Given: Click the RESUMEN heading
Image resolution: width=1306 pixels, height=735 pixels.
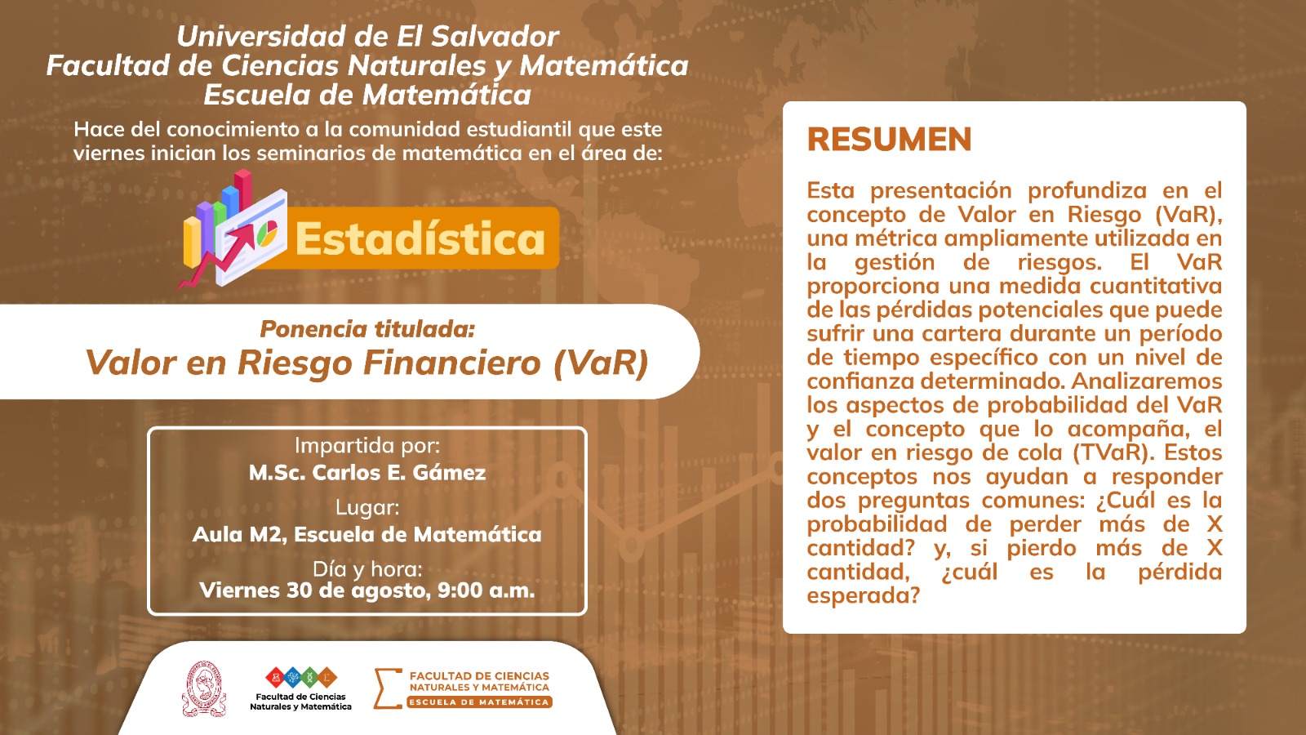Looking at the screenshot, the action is [x=889, y=140].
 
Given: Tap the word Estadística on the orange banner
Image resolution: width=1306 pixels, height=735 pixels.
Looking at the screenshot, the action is [x=420, y=238].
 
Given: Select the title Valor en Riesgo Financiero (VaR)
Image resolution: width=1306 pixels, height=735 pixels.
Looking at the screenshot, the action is [x=366, y=363].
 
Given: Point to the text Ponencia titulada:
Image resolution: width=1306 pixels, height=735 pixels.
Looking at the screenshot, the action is [x=367, y=329].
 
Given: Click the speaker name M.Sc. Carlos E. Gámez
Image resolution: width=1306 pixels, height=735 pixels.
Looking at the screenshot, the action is [x=367, y=472].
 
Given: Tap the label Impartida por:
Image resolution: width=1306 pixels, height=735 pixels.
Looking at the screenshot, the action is [x=367, y=446].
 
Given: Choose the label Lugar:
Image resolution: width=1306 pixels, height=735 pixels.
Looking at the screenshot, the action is [x=367, y=507].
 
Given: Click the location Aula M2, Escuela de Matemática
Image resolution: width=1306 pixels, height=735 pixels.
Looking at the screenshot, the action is [x=367, y=534].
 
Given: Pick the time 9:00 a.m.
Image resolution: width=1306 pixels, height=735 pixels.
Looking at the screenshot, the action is [x=486, y=590].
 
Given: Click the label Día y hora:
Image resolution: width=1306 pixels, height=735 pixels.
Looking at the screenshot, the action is [x=367, y=568].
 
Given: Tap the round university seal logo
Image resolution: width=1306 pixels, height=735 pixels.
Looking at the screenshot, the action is [x=204, y=689].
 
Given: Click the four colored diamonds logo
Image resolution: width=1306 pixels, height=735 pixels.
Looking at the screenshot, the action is [x=301, y=677].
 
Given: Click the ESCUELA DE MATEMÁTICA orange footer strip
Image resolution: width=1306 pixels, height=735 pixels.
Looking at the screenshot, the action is [x=478, y=702].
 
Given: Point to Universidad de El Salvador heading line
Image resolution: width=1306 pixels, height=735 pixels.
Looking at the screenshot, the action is [x=368, y=36].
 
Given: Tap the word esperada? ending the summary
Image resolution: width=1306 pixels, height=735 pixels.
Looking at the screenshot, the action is [x=863, y=595].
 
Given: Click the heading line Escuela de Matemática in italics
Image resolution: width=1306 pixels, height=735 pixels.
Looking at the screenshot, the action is [x=367, y=95].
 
